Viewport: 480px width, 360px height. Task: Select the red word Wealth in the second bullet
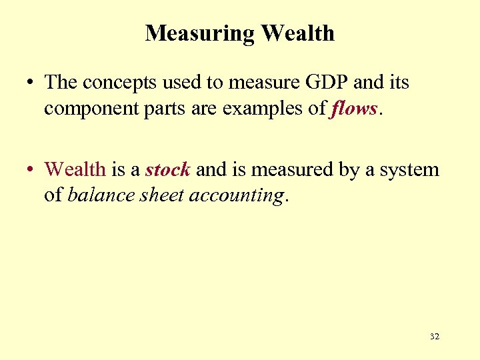click(x=75, y=169)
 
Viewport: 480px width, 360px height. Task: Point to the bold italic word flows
click(x=353, y=108)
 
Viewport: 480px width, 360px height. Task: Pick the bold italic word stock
click(x=168, y=169)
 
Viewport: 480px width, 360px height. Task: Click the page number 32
click(x=435, y=337)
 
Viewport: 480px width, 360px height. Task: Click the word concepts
click(x=122, y=83)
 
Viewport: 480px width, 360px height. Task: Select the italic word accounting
click(x=237, y=195)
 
